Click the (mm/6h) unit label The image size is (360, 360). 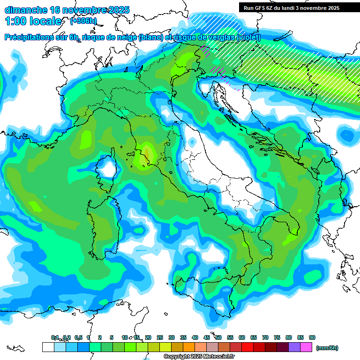pyautogui.click(x=327, y=348)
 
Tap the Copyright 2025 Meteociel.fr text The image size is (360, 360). pyautogui.click(x=199, y=357)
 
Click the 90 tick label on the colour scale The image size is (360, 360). pyautogui.click(x=312, y=337)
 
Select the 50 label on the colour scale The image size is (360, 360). pyautogui.click(x=218, y=337)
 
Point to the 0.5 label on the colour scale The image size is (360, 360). pyautogui.click(x=78, y=337)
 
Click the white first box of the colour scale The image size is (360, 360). pyautogui.click(x=48, y=347)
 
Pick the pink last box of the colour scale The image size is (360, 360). pyautogui.click(x=306, y=347)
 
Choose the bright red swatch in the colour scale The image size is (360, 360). pyautogui.click(x=247, y=347)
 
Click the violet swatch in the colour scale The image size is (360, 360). pyautogui.click(x=294, y=347)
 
